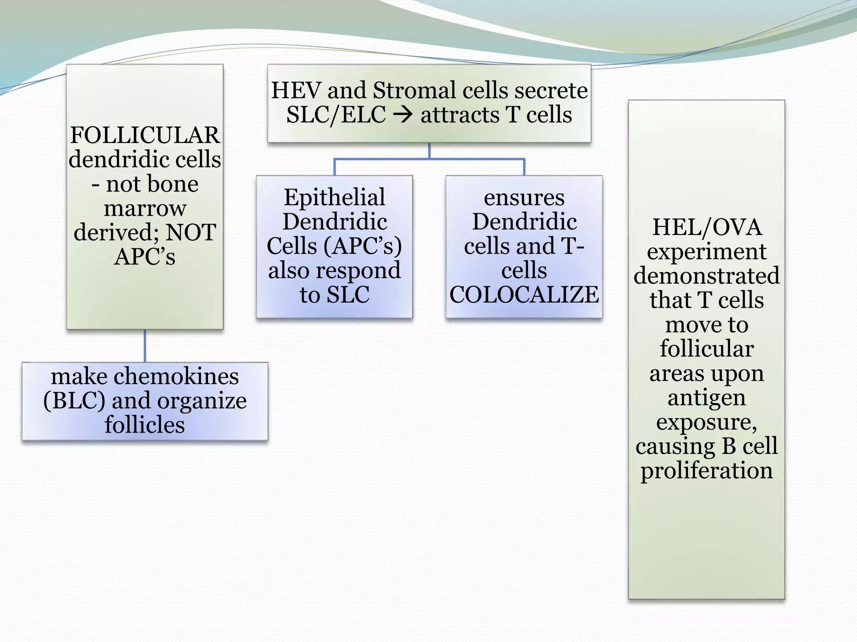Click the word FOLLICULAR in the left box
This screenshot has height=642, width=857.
(145, 135)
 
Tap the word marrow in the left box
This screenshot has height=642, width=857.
(145, 208)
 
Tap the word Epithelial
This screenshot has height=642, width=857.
(334, 197)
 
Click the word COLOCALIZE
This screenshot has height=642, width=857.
(524, 295)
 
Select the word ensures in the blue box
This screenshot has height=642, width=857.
(524, 197)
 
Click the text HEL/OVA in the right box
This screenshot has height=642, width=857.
(707, 228)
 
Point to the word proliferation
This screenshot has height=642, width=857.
(707, 471)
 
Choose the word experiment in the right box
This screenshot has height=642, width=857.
(707, 252)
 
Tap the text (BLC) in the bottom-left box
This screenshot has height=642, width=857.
(74, 400)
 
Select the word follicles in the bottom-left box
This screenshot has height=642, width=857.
(145, 425)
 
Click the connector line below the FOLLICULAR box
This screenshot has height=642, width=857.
(145, 346)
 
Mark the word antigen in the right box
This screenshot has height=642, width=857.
(707, 398)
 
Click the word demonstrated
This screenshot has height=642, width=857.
(707, 276)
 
